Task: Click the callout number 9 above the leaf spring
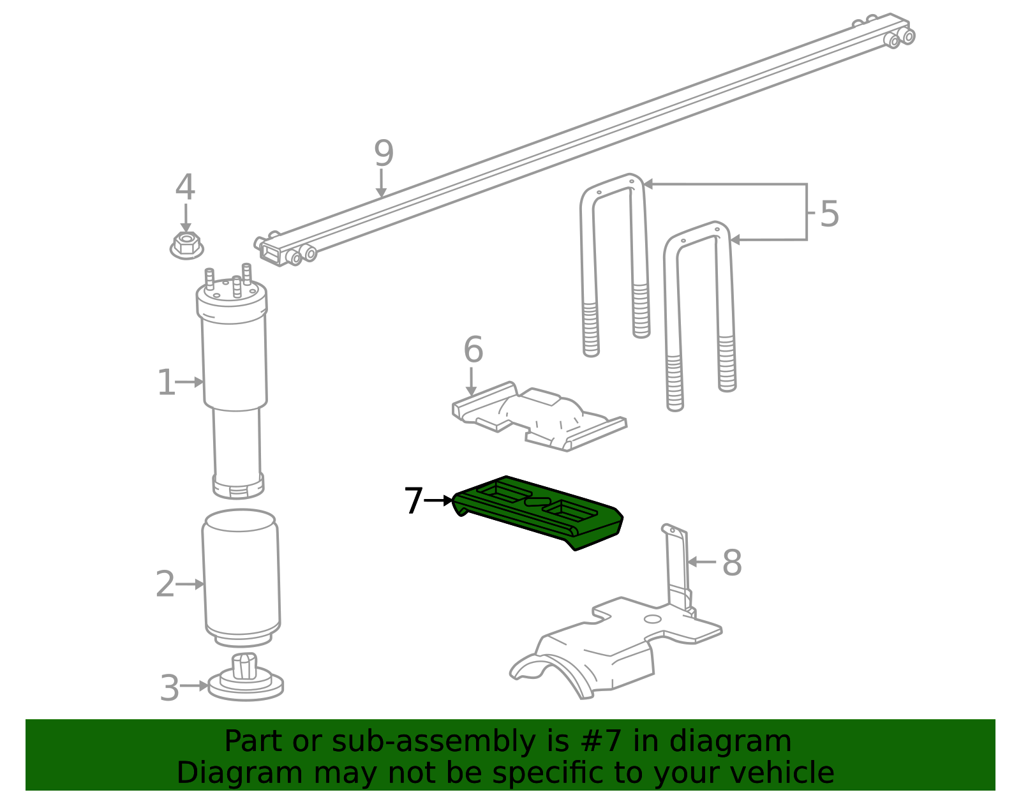tap(384, 153)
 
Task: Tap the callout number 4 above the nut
tap(185, 186)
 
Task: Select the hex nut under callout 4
tap(186, 245)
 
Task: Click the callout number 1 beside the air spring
tap(167, 382)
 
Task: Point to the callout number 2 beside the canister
tap(165, 585)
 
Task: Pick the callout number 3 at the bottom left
tap(170, 688)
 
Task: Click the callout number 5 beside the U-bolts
tap(830, 214)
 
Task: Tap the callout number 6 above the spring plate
tap(473, 350)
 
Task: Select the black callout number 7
tap(414, 500)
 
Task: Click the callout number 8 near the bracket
tap(732, 562)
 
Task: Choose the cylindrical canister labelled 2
tap(241, 578)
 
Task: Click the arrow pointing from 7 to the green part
tap(438, 501)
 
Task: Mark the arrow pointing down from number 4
tap(186, 218)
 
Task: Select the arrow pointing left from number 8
tap(702, 562)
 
